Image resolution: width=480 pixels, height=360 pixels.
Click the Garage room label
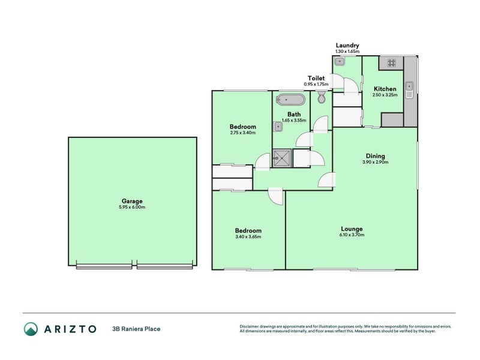point(132,201)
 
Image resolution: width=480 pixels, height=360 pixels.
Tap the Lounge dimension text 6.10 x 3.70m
point(352,235)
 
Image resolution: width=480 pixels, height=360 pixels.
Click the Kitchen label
point(385,89)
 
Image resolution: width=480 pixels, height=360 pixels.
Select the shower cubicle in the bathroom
point(281,158)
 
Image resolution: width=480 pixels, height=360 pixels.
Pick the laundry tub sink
point(340,61)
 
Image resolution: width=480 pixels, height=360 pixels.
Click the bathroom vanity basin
point(278,126)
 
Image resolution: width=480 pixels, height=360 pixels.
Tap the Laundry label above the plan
point(347,45)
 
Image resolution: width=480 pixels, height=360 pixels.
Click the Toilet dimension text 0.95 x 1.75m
point(317,84)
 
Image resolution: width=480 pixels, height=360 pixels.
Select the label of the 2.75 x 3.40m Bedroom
point(243,127)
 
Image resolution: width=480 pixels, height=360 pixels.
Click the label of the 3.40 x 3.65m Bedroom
point(248,230)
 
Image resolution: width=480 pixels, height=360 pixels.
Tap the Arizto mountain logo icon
point(31,328)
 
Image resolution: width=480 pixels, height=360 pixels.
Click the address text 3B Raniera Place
point(136,329)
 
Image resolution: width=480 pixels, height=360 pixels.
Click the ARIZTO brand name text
point(70,329)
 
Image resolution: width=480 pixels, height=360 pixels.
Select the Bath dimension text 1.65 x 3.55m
point(294,121)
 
